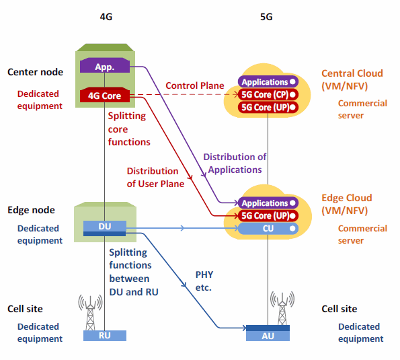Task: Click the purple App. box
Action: (105, 65)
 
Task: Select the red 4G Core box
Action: (105, 95)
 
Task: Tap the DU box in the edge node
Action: (105, 228)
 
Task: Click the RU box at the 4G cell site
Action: (105, 336)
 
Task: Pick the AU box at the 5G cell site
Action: (268, 333)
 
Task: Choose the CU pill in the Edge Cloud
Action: (268, 228)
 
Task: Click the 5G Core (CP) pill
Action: (268, 95)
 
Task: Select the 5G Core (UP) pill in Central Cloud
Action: (268, 107)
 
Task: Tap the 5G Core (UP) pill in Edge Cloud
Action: (268, 216)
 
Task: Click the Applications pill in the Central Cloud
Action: (268, 81)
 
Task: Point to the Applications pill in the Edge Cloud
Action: (268, 203)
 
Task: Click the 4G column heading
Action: (106, 17)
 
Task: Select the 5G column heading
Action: (266, 17)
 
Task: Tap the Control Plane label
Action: (195, 85)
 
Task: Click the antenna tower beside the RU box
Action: (90, 312)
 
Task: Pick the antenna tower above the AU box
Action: (282, 308)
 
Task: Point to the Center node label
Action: (35, 72)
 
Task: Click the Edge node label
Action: (31, 210)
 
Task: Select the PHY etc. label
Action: (204, 281)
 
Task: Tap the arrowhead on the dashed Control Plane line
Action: (236, 94)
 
